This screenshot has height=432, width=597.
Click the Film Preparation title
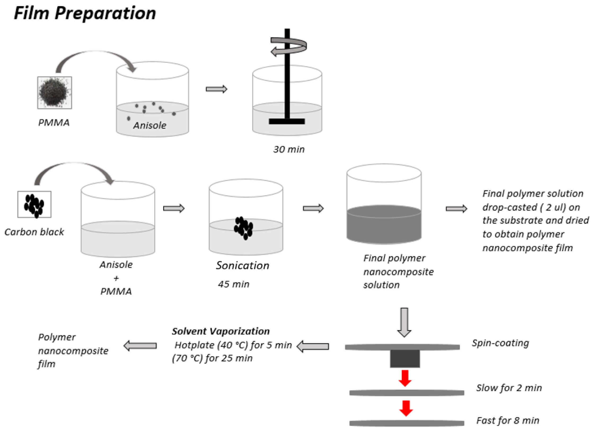point(85,13)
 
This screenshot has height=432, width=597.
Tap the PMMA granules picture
point(55,93)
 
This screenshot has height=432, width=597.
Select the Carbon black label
point(34,232)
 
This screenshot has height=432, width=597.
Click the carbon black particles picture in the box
point(34,205)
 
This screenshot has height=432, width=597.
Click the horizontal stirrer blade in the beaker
point(287,121)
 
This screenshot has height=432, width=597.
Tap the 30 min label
point(289,149)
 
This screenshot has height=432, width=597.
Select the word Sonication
point(242,265)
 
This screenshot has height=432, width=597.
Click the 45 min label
point(234,284)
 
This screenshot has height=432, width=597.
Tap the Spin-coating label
point(500,343)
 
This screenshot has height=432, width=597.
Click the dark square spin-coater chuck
point(405,359)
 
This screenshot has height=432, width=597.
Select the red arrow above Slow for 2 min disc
point(405,378)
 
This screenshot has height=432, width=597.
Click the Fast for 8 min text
point(508,420)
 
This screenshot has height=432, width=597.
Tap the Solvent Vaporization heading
point(221,331)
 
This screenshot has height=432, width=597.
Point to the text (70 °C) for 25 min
point(212,358)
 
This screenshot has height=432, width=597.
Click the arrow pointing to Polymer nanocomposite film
point(140,346)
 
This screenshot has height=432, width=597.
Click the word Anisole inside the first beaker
point(150,125)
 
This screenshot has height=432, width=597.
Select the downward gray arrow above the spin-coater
point(404,322)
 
